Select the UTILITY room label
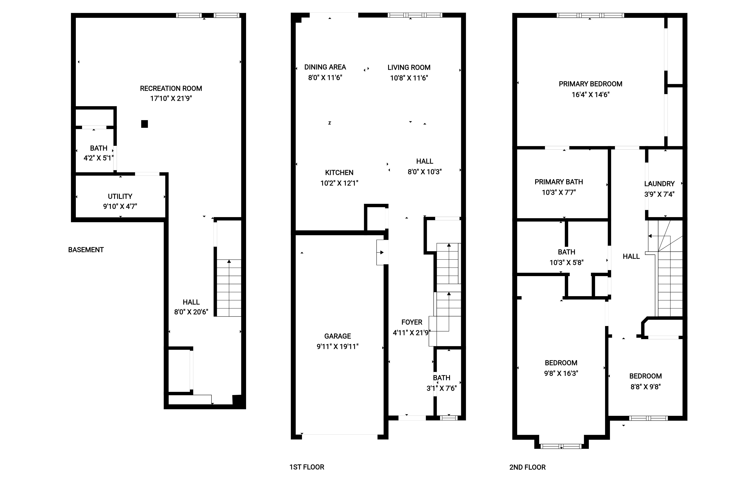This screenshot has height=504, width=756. click(120, 196)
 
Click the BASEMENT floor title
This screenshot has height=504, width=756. click(86, 250)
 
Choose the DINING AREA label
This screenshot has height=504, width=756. click(325, 67)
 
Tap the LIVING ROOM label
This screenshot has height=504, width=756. click(409, 68)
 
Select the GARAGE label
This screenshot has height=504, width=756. click(337, 336)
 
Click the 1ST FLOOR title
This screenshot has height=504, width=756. click(307, 467)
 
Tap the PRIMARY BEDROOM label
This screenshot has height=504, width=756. click(591, 84)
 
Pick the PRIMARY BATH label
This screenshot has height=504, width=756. click(559, 182)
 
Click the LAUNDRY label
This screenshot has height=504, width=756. click(659, 184)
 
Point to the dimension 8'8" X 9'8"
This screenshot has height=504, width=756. click(645, 387)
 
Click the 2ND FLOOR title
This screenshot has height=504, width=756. click(528, 467)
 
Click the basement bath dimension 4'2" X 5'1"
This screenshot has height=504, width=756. click(99, 158)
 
